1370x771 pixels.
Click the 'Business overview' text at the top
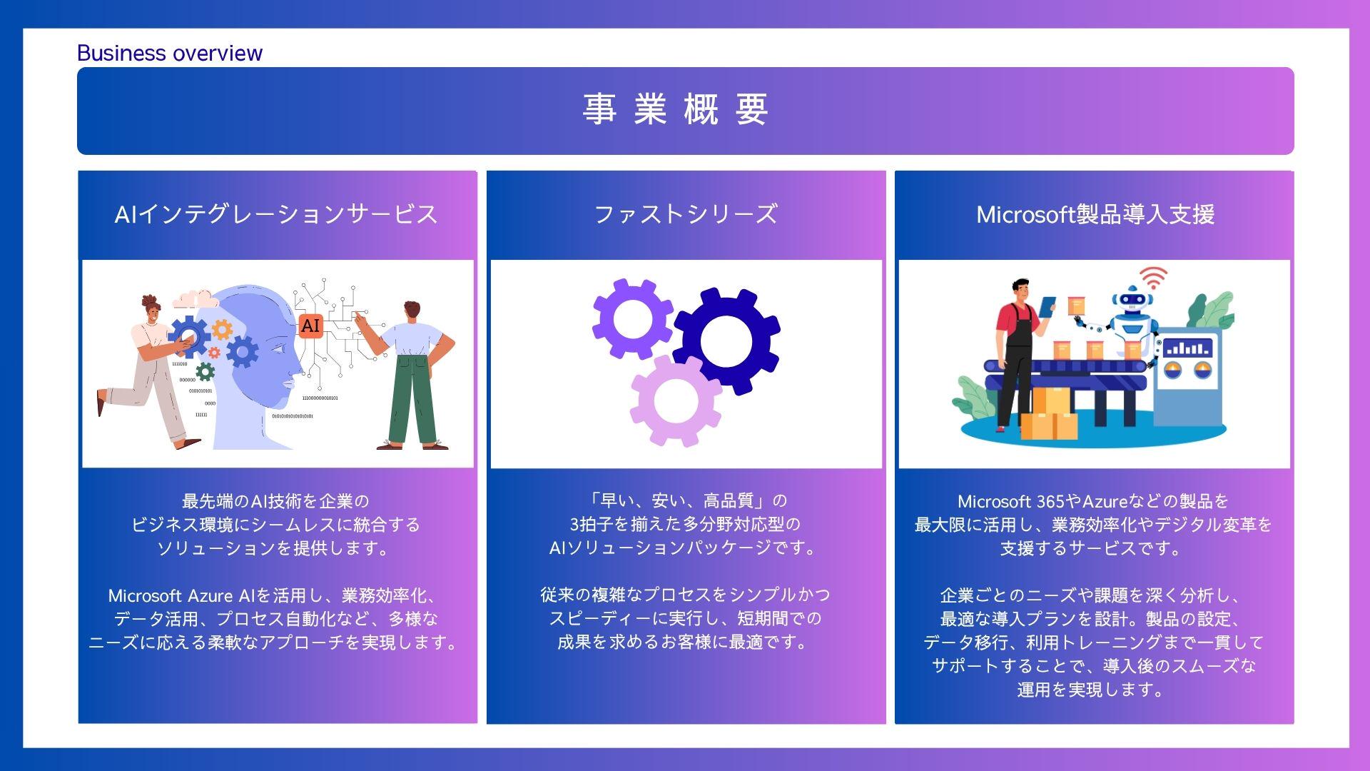pos(169,54)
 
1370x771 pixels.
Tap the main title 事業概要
pos(675,110)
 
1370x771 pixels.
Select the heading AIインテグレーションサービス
pos(276,214)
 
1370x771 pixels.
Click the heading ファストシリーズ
pos(685,214)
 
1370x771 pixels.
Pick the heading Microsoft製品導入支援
pos(1095,214)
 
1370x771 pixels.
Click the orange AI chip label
pos(310,326)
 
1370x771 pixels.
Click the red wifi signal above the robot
pos(1152,276)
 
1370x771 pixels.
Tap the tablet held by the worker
pos(1047,307)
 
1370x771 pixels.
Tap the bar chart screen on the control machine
pos(1187,348)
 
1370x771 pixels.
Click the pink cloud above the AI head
pos(194,298)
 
